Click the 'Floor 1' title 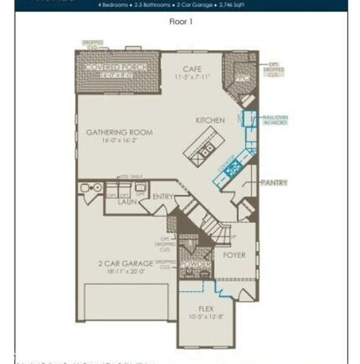[x=180, y=22]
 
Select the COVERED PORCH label [x=117, y=67]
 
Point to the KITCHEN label [x=209, y=121]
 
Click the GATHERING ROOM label [x=119, y=132]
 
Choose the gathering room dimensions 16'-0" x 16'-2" [x=119, y=140]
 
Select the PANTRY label [x=274, y=183]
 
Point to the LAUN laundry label [x=126, y=202]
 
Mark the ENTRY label [x=163, y=196]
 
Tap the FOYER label [x=235, y=255]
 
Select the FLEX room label [x=206, y=309]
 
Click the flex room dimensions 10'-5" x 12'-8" [x=206, y=317]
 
